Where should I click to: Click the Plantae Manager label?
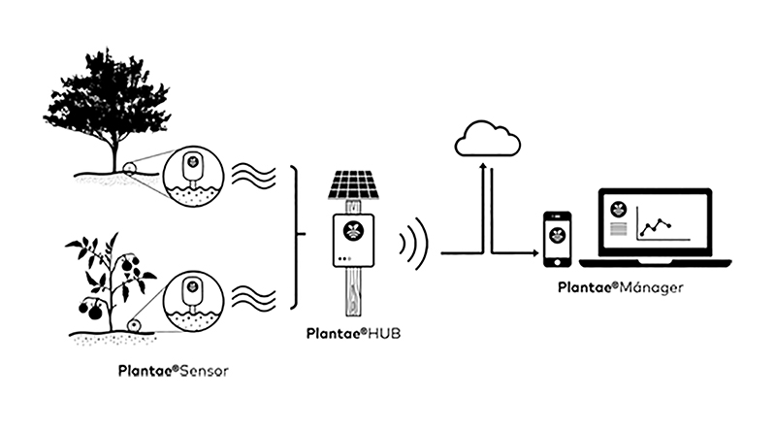tap(621, 287)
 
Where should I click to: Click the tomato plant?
tap(112, 282)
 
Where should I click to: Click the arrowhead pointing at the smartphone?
tap(533, 253)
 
